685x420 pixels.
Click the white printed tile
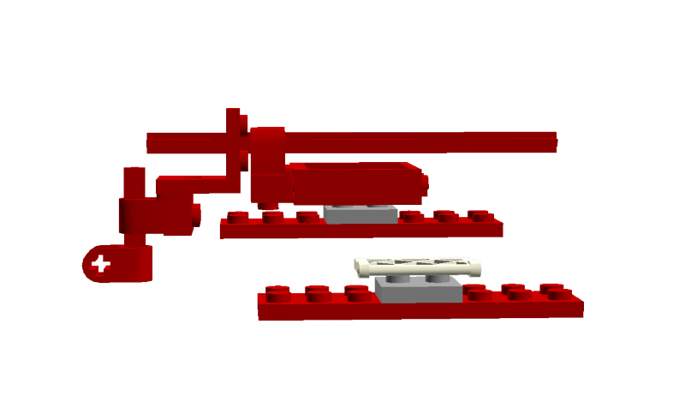tap(418, 266)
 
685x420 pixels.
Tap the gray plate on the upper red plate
tap(360, 214)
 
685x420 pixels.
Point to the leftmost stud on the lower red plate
tap(276, 292)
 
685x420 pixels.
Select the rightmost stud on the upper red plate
tap(477, 216)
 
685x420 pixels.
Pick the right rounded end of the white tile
tap(476, 266)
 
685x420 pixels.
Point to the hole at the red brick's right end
tap(423, 182)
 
